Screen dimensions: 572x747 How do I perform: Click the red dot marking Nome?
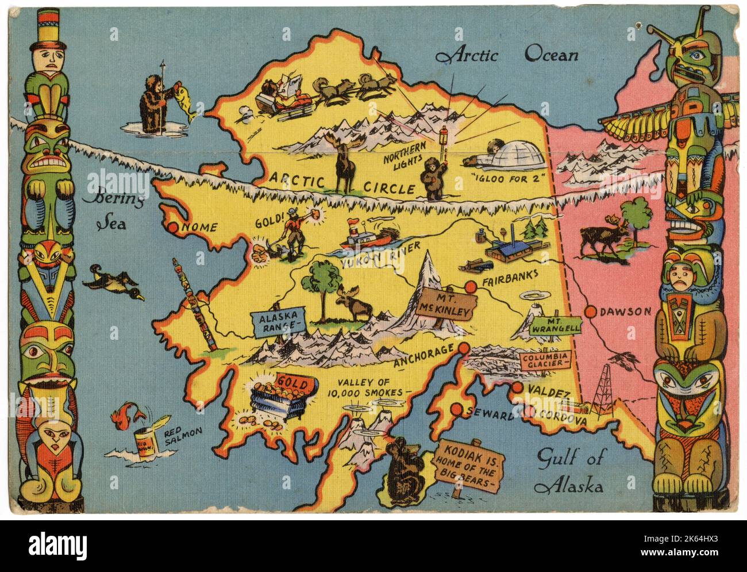(173, 228)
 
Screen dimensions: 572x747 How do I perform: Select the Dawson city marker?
(590, 312)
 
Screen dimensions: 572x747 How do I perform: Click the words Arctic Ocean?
(507, 55)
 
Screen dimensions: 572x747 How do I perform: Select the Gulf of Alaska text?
(569, 471)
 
